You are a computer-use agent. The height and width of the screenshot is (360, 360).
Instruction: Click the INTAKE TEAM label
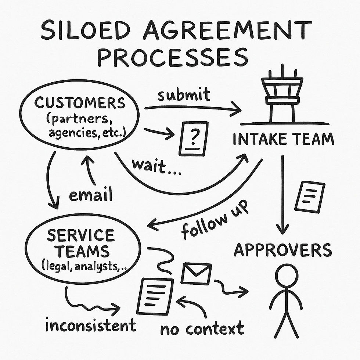pos(284,140)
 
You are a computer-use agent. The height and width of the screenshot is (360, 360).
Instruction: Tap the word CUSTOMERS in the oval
pos(80,103)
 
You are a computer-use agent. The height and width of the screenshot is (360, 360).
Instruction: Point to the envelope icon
pos(196,273)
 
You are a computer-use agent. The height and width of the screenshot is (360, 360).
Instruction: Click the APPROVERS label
pos(283,251)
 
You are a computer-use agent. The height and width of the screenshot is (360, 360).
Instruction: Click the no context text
pos(202,328)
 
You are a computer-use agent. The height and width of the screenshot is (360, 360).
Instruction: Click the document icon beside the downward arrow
pos(310,197)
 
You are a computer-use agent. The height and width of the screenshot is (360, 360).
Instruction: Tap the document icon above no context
pos(155,296)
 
